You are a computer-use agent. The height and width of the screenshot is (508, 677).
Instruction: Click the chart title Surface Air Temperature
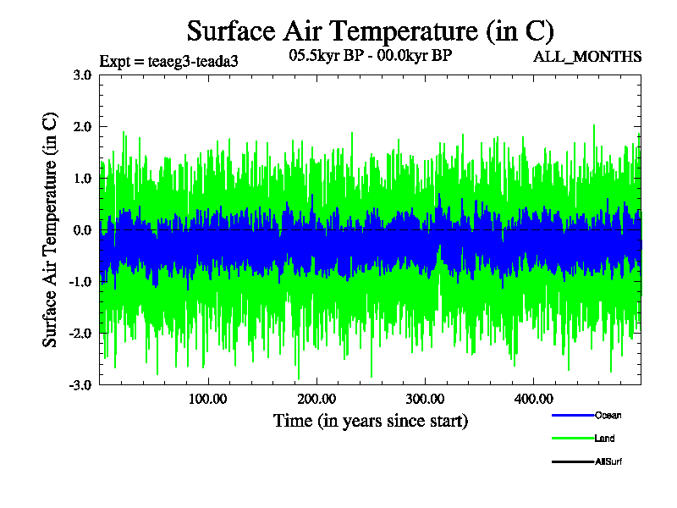click(370, 31)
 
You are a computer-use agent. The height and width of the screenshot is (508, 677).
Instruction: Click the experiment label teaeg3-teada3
click(162, 61)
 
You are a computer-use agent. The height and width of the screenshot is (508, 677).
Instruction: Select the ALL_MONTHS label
click(587, 57)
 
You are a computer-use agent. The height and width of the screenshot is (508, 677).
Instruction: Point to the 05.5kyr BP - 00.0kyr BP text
click(370, 56)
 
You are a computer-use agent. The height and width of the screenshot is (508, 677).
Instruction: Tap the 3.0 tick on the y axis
click(82, 75)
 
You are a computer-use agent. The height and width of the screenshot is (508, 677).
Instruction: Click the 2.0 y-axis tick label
click(82, 126)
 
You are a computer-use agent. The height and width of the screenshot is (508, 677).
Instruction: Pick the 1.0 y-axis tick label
click(82, 178)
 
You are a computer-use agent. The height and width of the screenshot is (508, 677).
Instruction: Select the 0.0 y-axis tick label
click(82, 229)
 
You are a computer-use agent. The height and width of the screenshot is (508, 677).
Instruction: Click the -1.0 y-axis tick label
click(80, 281)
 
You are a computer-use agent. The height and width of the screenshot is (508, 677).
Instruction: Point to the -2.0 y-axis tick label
click(80, 333)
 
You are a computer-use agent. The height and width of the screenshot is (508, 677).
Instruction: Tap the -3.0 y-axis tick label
click(80, 384)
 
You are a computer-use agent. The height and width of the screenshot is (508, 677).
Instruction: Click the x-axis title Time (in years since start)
click(370, 421)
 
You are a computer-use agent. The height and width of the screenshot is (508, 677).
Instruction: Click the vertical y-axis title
click(51, 229)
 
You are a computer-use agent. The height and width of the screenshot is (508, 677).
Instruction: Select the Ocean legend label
click(608, 416)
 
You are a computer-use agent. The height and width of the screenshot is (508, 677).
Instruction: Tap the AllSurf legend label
click(609, 461)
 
